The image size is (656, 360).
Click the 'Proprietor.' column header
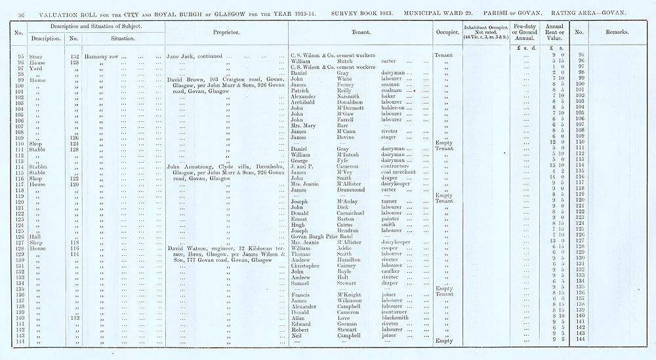point(226,31)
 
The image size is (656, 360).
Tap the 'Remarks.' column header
point(617,31)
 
